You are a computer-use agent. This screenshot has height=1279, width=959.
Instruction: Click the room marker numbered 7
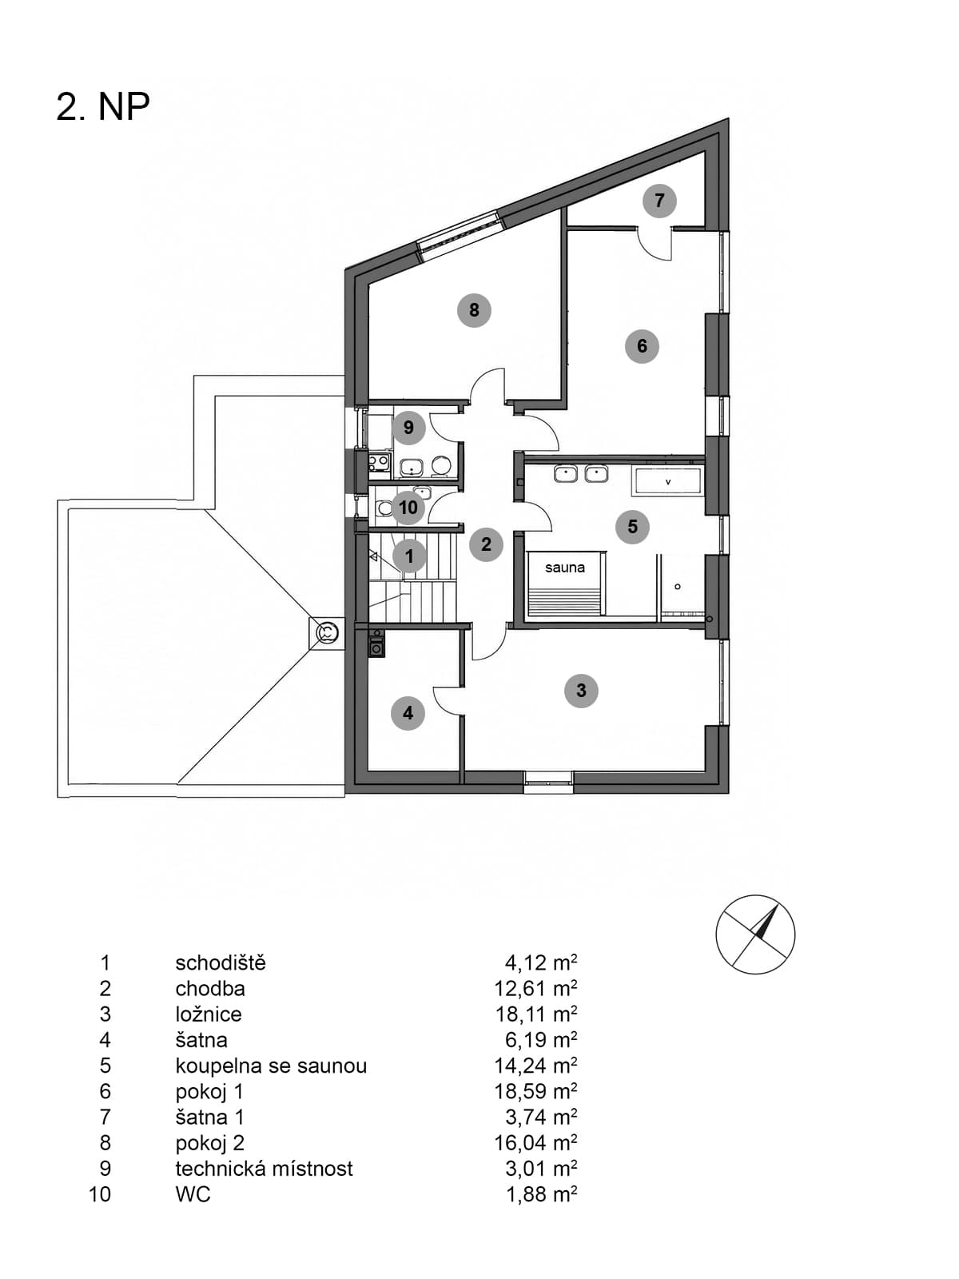click(x=659, y=201)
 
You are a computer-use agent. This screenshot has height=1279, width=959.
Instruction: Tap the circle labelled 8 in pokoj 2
click(x=474, y=310)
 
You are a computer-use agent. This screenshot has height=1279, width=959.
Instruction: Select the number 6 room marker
click(x=642, y=346)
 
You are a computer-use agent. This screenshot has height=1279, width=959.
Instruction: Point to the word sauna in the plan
click(x=565, y=567)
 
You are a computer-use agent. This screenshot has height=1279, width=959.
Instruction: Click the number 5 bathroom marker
click(x=632, y=527)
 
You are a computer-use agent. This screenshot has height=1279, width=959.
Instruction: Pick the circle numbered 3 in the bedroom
click(x=581, y=691)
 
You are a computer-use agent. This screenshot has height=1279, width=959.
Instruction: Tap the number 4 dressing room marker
click(x=408, y=712)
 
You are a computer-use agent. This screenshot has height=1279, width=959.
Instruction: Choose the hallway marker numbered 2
click(x=486, y=544)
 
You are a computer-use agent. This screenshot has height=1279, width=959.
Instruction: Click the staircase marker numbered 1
click(x=408, y=556)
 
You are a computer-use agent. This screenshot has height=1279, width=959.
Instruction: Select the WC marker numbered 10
click(x=408, y=507)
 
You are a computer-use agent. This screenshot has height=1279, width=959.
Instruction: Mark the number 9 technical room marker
click(x=408, y=428)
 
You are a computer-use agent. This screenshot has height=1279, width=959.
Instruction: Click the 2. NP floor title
click(x=103, y=106)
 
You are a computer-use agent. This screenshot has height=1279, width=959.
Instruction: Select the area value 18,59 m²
click(x=535, y=1091)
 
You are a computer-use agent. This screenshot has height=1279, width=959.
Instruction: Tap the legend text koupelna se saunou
click(x=272, y=1065)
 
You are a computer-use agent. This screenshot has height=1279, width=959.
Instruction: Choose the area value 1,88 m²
click(x=542, y=1194)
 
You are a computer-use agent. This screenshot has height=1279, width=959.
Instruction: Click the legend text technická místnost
click(x=265, y=1169)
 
